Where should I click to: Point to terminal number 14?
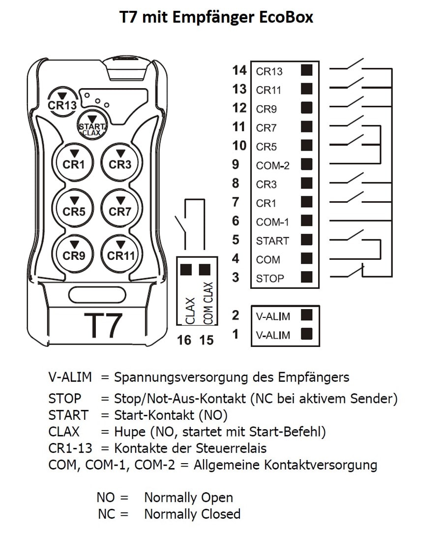pyautogui.click(x=239, y=70)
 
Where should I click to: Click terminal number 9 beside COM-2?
pyautogui.click(x=236, y=164)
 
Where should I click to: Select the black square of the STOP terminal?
pyautogui.click(x=307, y=277)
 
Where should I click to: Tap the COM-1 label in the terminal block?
pyautogui.click(x=272, y=222)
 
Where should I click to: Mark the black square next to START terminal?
pyautogui.click(x=307, y=240)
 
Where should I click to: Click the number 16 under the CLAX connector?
pyautogui.click(x=184, y=340)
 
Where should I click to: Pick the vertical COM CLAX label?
pyautogui.click(x=208, y=303)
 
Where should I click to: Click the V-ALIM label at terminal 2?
pyautogui.click(x=273, y=316)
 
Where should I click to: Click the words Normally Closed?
pyautogui.click(x=192, y=514)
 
